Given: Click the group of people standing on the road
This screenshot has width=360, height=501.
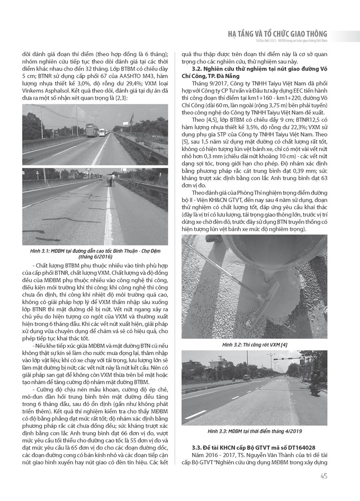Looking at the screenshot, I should pos(111,180).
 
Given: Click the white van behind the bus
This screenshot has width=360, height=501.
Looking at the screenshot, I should pos(102,132).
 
